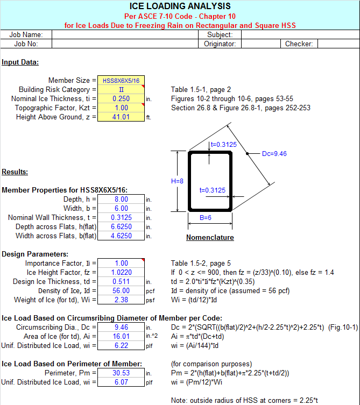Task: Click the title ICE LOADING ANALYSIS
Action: click(180, 6)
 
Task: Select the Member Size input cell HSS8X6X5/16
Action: click(121, 80)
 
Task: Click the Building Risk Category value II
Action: click(121, 89)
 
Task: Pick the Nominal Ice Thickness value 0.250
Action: click(121, 98)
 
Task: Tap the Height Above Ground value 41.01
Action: click(121, 117)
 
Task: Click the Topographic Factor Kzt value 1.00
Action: click(121, 108)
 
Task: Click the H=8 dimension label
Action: click(177, 181)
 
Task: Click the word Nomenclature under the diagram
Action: click(210, 237)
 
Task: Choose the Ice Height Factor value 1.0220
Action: click(121, 272)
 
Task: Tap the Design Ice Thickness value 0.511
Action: click(121, 281)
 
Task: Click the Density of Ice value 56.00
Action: click(121, 290)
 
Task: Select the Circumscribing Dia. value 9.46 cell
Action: click(121, 326)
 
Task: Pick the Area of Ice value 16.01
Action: click(121, 336)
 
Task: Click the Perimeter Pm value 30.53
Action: click(121, 372)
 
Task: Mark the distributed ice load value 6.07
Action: click(121, 381)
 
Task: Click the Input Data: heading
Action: click(20, 62)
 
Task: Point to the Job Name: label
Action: click(26, 34)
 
